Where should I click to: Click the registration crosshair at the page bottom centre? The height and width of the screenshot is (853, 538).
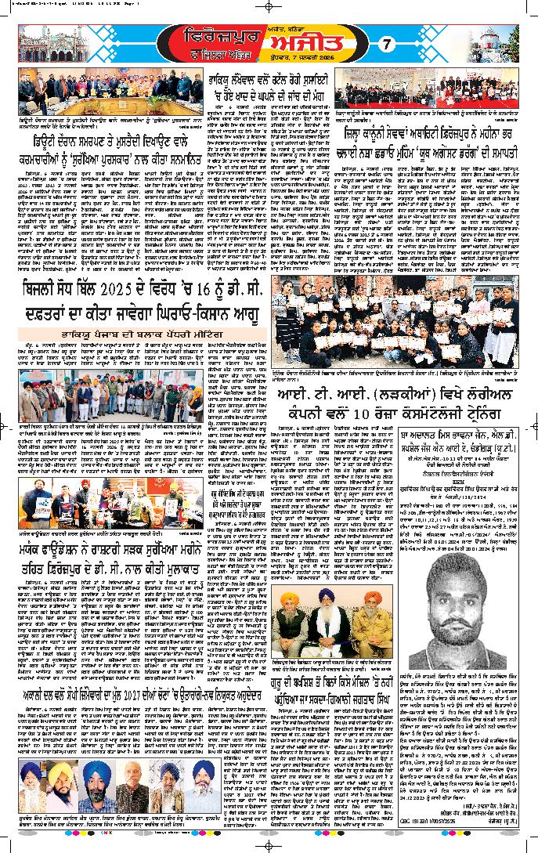coord(268,847)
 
